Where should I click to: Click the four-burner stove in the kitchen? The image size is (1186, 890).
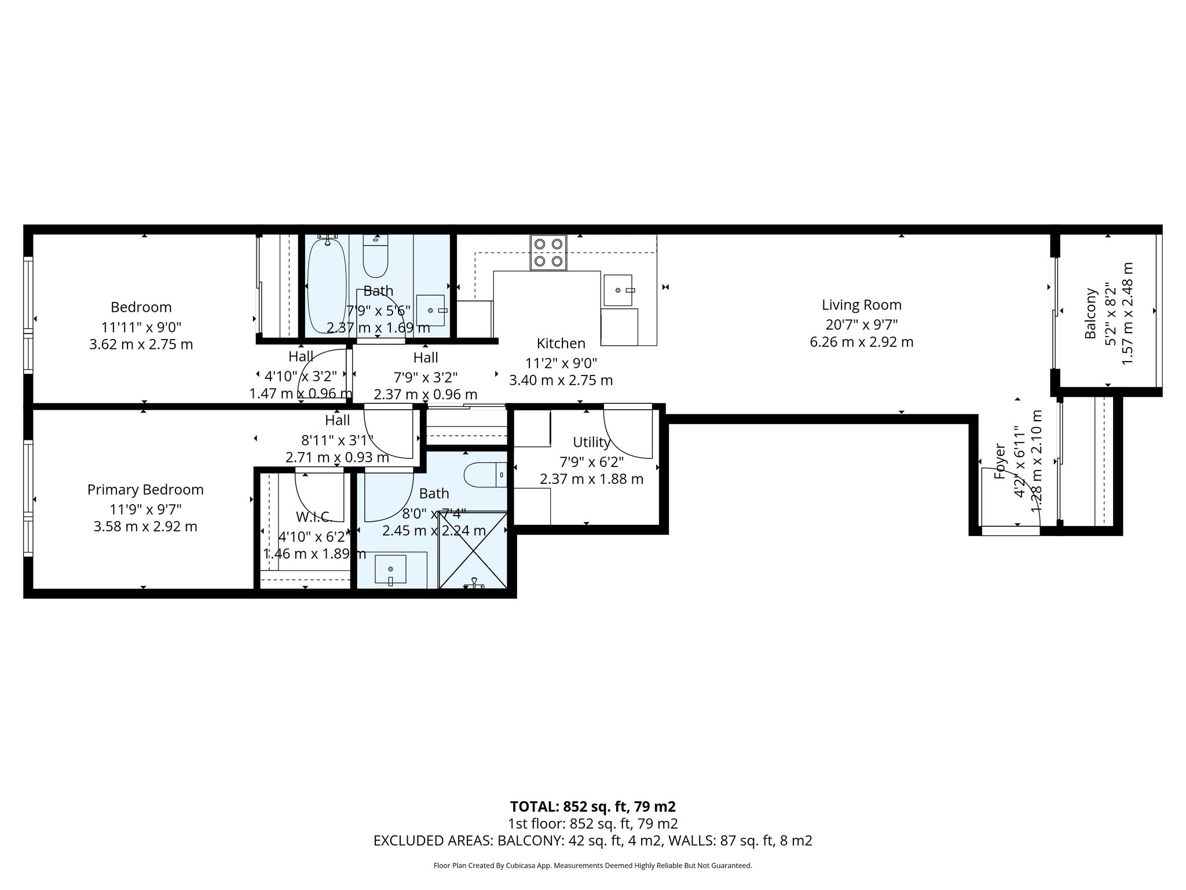tap(548, 253)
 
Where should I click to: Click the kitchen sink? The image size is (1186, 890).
tap(619, 290)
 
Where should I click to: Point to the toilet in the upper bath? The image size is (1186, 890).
tap(375, 258)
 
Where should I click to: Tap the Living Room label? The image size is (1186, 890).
tap(862, 305)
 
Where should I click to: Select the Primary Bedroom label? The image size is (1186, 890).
tap(145, 490)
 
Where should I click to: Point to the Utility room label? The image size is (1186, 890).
tap(591, 443)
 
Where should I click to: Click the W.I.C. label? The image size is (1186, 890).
tap(313, 516)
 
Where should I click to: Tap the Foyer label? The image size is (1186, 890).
tap(1000, 461)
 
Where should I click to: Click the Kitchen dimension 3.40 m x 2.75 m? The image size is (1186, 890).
tap(561, 381)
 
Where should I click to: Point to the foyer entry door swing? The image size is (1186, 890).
tap(1008, 493)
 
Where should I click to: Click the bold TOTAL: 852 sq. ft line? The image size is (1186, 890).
tap(592, 807)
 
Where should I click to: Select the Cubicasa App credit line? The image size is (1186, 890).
tap(592, 866)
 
